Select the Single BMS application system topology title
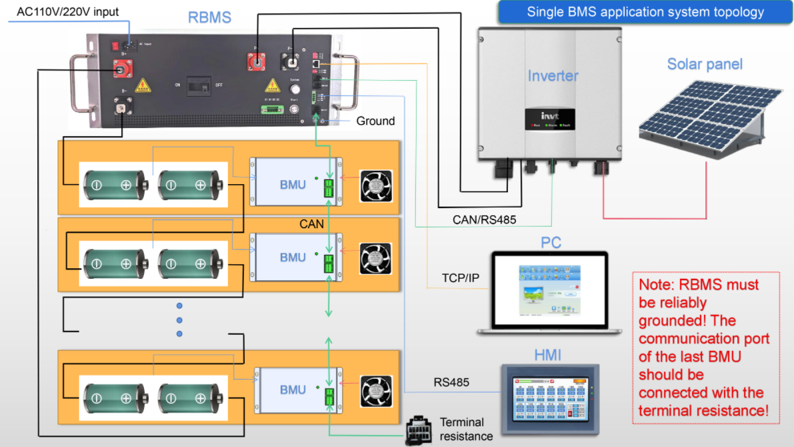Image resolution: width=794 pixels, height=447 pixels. tap(645, 12)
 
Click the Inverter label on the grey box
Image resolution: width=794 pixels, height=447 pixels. tap(553, 76)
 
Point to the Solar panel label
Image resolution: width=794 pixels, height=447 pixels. tap(705, 65)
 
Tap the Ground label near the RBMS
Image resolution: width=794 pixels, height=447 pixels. tap(375, 121)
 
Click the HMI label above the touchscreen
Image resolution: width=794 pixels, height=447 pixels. tap(548, 355)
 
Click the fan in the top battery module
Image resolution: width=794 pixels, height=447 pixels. tap(376, 186)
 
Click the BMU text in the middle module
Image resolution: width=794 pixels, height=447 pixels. tap(293, 258)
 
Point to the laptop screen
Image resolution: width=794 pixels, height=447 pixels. tap(550, 291)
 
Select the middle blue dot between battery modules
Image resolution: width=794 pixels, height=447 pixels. tap(179, 320)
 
